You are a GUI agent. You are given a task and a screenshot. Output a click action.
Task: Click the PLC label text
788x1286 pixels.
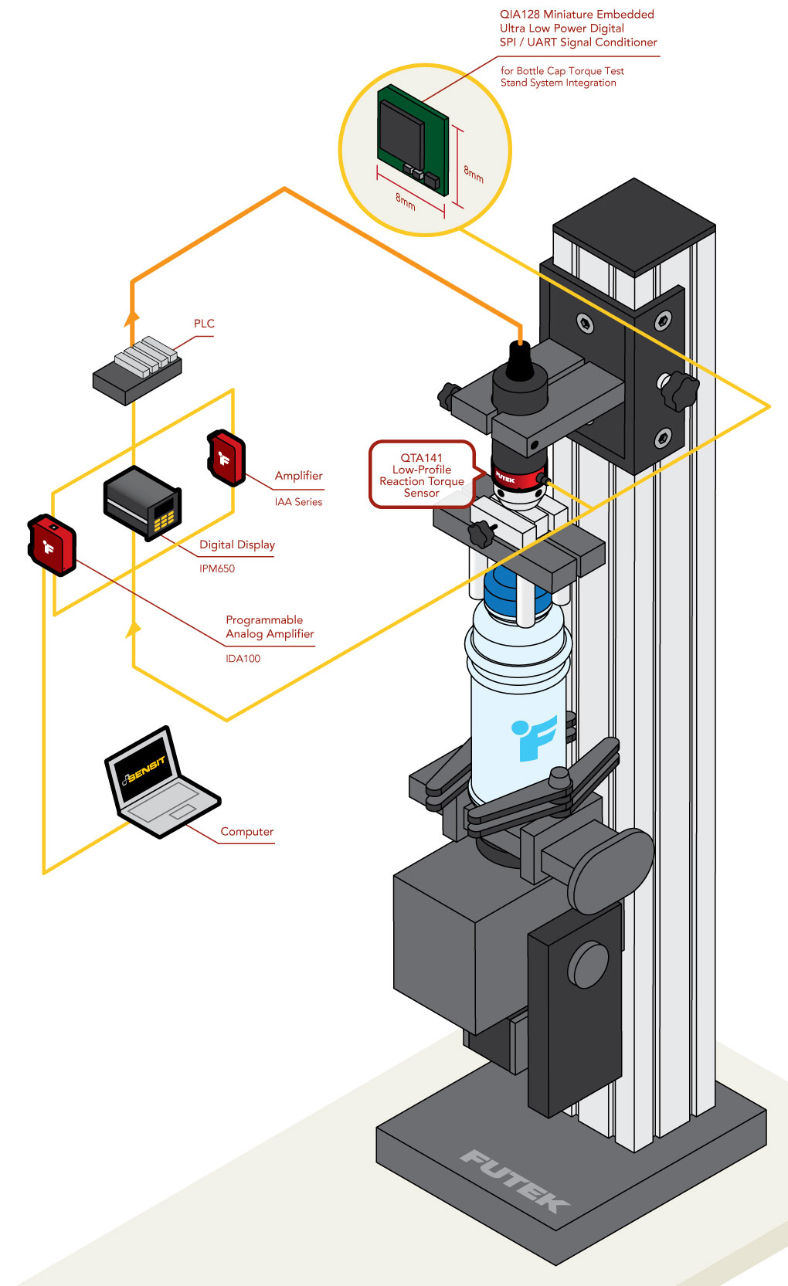pyautogui.click(x=204, y=324)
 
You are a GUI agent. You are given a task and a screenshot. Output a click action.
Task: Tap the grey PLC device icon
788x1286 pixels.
pyautogui.click(x=138, y=370)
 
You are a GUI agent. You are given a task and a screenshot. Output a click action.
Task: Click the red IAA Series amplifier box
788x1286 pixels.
pyautogui.click(x=226, y=458)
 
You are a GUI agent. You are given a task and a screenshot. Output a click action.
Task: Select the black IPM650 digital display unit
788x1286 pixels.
pyautogui.click(x=143, y=502)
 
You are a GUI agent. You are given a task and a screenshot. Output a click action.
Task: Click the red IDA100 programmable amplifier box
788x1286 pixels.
pyautogui.click(x=52, y=545)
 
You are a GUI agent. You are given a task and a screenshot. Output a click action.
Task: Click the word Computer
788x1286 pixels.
pyautogui.click(x=246, y=832)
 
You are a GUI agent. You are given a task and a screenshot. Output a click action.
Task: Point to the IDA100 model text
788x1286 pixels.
pyautogui.click(x=243, y=659)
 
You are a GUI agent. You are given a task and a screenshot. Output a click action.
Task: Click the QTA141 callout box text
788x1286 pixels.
pyautogui.click(x=421, y=475)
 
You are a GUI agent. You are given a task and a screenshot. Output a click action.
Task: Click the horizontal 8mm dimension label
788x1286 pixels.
pyautogui.click(x=406, y=202)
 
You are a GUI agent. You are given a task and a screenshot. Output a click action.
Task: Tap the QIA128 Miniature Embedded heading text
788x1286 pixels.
pyautogui.click(x=576, y=15)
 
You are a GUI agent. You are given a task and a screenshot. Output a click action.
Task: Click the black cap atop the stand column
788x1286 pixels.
pyautogui.click(x=634, y=224)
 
